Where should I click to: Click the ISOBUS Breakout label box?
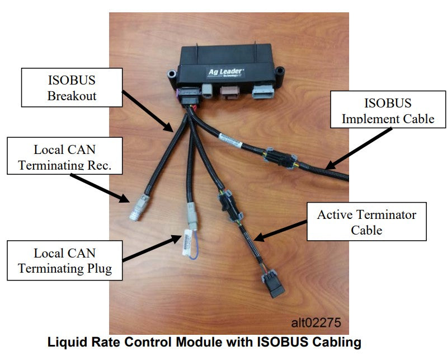coord(72,87)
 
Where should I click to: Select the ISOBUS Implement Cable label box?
coord(388,111)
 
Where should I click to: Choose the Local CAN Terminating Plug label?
coord(65,261)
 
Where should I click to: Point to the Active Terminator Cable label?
coord(367,222)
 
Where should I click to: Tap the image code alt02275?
coord(316,322)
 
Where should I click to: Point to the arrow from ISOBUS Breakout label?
coord(148,110)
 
